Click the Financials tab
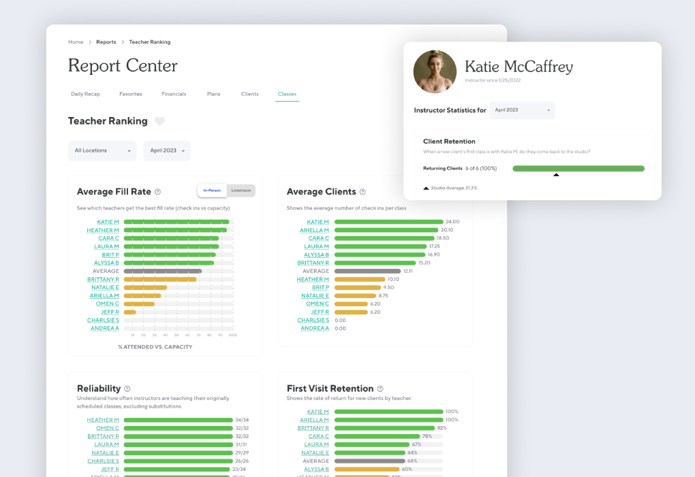coord(174,94)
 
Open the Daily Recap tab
coord(86,94)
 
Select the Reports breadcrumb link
coord(106,42)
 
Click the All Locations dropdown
coord(102,150)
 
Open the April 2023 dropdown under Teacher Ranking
coord(167,150)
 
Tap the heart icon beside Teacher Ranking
coord(159,121)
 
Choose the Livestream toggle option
coord(241,191)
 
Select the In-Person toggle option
coord(212,191)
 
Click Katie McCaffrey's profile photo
coord(435,71)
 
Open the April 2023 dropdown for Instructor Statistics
coord(522,110)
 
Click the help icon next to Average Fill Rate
coord(157,192)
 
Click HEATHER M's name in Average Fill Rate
coord(103,230)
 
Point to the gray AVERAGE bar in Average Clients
coord(367,271)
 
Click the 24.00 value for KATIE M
coord(452,222)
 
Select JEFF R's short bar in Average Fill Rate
coord(129,312)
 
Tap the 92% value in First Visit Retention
coord(442,428)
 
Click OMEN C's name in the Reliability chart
coord(108,428)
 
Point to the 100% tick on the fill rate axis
coord(232,335)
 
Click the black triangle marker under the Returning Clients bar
coord(556,175)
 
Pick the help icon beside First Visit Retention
coord(380,389)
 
